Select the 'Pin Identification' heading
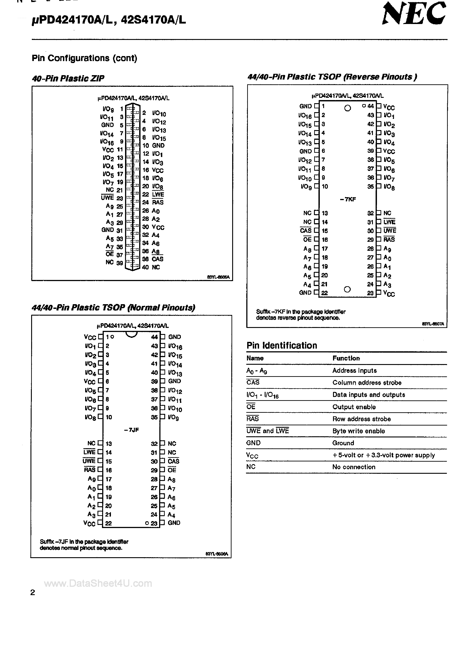point(282,345)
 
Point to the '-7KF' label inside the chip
point(348,199)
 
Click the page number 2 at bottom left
point(33,592)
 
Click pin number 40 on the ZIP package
point(145,267)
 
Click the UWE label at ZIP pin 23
point(108,198)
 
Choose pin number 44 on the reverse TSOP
point(370,106)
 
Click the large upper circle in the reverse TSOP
point(348,108)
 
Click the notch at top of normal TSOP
point(131,335)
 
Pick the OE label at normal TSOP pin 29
point(172,470)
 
